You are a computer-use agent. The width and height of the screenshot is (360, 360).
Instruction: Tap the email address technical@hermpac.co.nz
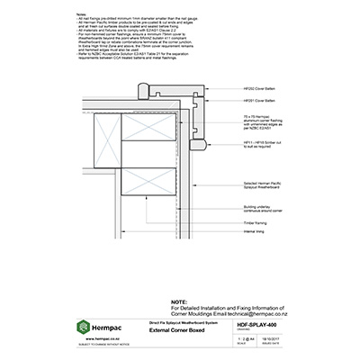pyautogui.click(x=253, y=314)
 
